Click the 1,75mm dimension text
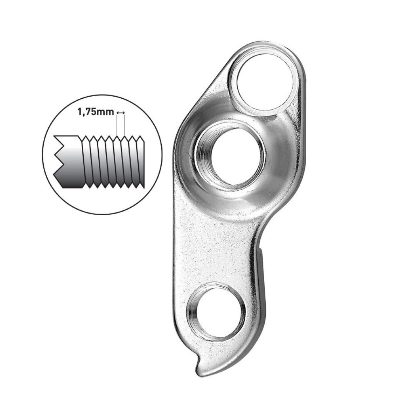coord(96,112)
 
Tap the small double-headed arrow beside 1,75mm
coord(120,112)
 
